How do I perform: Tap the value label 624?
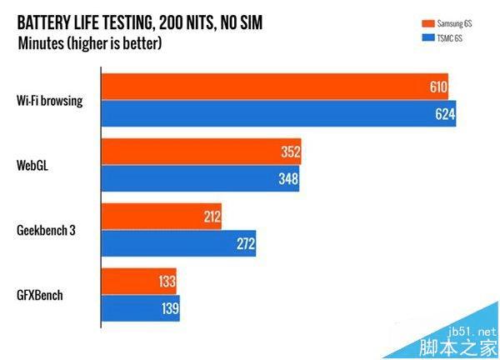tap(445, 114)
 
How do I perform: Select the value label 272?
tap(245, 244)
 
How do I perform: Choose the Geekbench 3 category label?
tap(46, 231)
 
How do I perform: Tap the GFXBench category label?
tap(39, 296)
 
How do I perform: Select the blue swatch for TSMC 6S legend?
tap(422, 37)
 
